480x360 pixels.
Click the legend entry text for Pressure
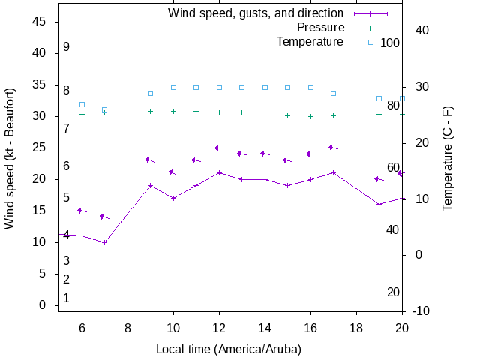click(320, 28)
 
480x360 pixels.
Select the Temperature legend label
click(310, 42)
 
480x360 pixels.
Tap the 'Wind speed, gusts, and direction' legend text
click(256, 13)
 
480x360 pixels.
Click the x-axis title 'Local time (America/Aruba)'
click(228, 349)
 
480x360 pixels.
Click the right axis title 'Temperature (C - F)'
click(448, 158)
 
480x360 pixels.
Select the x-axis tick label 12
click(219, 328)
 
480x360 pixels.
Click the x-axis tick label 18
click(356, 328)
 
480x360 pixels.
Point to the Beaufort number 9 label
click(67, 47)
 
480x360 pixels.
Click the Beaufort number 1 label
click(67, 298)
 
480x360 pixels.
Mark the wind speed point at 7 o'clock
click(105, 242)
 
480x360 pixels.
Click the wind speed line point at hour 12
click(219, 172)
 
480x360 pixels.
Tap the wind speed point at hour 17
click(333, 172)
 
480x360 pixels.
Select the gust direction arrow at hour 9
click(150, 160)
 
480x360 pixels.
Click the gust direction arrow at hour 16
click(310, 154)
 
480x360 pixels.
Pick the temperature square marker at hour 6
click(82, 105)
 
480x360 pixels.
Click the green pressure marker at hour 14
click(265, 112)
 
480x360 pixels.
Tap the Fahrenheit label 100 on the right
click(390, 43)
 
